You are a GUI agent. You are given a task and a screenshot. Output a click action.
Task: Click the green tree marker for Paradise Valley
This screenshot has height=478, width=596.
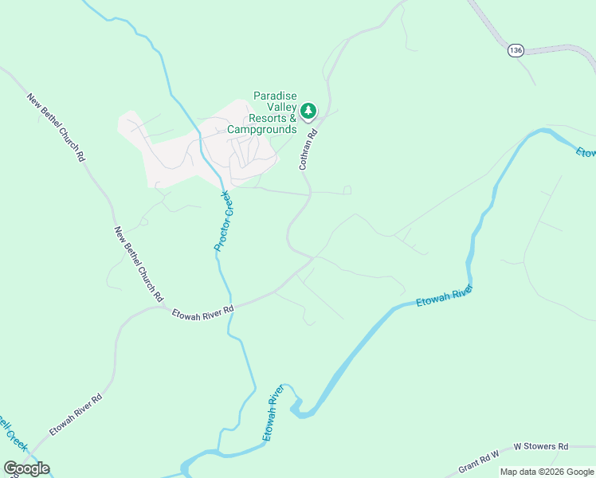pyautogui.click(x=308, y=111)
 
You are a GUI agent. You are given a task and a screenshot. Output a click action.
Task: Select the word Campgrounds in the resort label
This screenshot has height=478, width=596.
pyautogui.click(x=261, y=129)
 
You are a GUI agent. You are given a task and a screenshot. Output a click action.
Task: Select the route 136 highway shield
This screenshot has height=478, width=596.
pyautogui.click(x=516, y=50)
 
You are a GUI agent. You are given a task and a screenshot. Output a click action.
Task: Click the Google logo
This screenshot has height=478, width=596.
pyautogui.click(x=26, y=468)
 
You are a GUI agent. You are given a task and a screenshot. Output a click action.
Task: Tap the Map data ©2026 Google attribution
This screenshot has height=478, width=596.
pyautogui.click(x=547, y=472)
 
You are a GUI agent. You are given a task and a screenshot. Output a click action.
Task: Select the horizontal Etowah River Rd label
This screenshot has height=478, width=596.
pyautogui.click(x=202, y=311)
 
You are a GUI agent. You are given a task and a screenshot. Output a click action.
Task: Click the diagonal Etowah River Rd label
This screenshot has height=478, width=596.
pyautogui.click(x=76, y=414)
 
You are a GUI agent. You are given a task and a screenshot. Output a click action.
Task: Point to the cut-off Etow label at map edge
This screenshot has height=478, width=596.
pyautogui.click(x=586, y=151)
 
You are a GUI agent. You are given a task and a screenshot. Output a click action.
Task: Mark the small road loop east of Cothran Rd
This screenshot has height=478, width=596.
pyautogui.click(x=347, y=190)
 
